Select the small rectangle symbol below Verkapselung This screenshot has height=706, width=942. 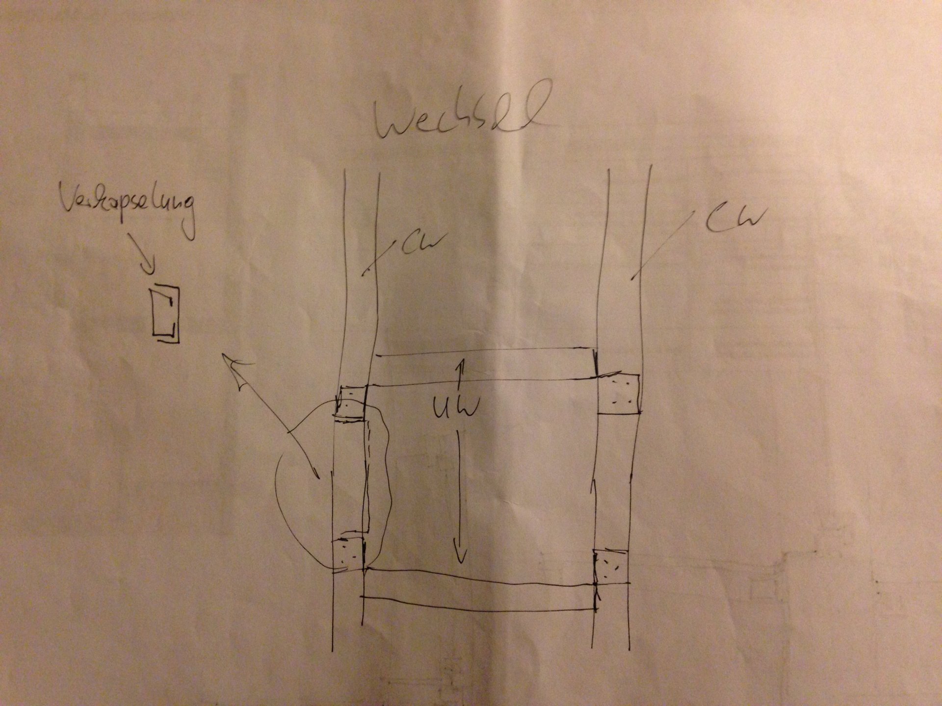165,313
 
